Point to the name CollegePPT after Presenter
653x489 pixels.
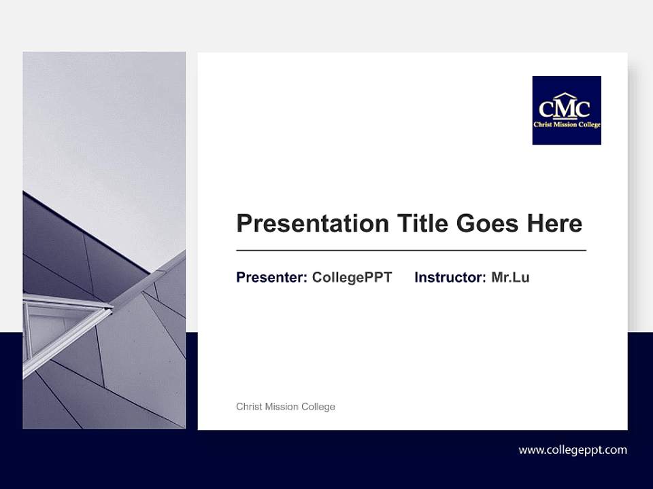click(352, 277)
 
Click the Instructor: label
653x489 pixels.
click(450, 277)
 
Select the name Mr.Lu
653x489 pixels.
click(510, 277)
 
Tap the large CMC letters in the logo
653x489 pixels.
click(565, 109)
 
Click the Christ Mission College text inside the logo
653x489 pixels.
click(567, 124)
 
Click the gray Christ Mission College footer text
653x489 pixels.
click(286, 407)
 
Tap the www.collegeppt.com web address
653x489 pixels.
click(573, 450)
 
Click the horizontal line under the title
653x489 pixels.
click(411, 251)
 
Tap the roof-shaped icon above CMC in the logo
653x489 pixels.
click(565, 96)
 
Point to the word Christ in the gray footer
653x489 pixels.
click(249, 407)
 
